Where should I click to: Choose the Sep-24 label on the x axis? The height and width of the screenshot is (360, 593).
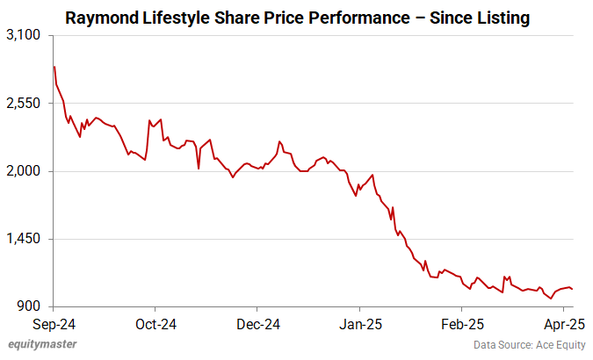[x=54, y=323]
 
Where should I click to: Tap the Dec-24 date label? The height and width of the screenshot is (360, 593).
[x=258, y=323]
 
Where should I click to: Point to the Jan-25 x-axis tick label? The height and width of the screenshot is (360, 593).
[x=361, y=323]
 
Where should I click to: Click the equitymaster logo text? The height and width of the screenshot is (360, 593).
[x=41, y=346]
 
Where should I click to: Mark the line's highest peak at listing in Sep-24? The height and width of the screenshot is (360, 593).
[x=54, y=67]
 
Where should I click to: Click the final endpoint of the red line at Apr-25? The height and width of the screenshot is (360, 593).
[x=573, y=289]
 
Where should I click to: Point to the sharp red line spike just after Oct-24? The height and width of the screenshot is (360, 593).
[x=150, y=120]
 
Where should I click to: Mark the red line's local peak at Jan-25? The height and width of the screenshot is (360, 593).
[x=373, y=175]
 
